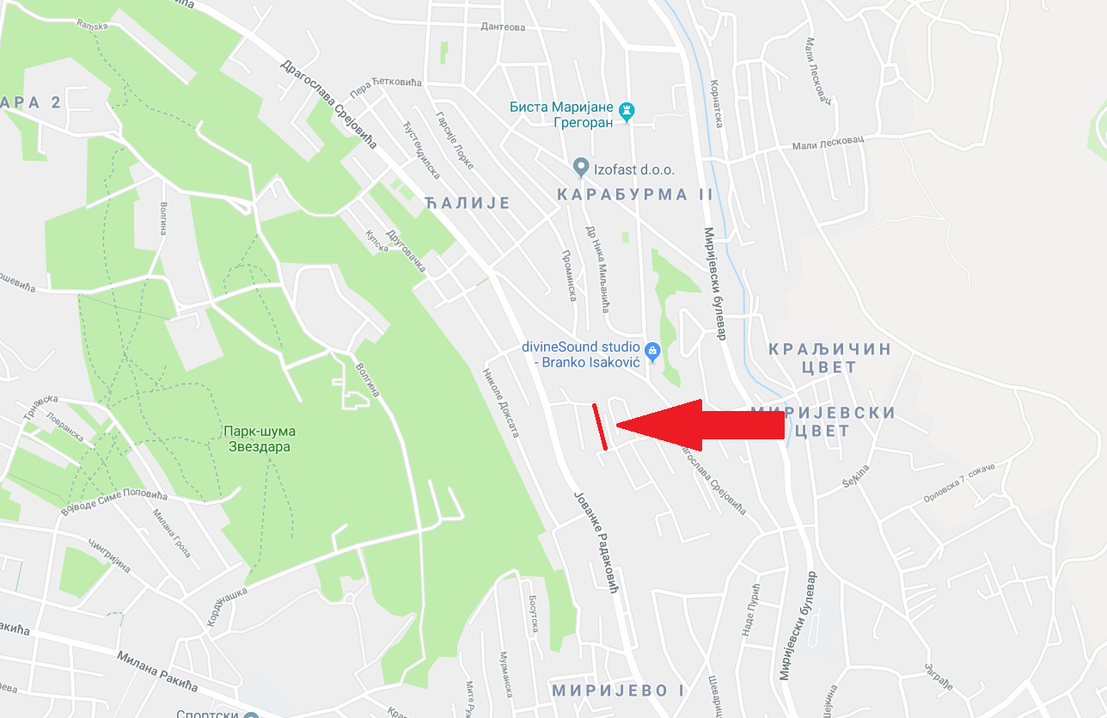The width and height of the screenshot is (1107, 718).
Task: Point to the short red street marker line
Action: pos(600,427)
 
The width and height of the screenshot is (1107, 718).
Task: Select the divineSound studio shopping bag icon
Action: pos(652,350)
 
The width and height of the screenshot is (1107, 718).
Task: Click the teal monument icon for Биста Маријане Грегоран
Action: pos(629,109)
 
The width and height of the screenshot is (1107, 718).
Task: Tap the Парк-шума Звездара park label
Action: pos(259,439)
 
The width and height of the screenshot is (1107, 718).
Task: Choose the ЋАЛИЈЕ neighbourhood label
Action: pos(468,204)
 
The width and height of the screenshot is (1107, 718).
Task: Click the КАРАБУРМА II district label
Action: pos(635,194)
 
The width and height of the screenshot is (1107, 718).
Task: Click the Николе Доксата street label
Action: pos(501,402)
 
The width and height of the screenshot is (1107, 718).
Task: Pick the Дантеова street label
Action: pos(503,28)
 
